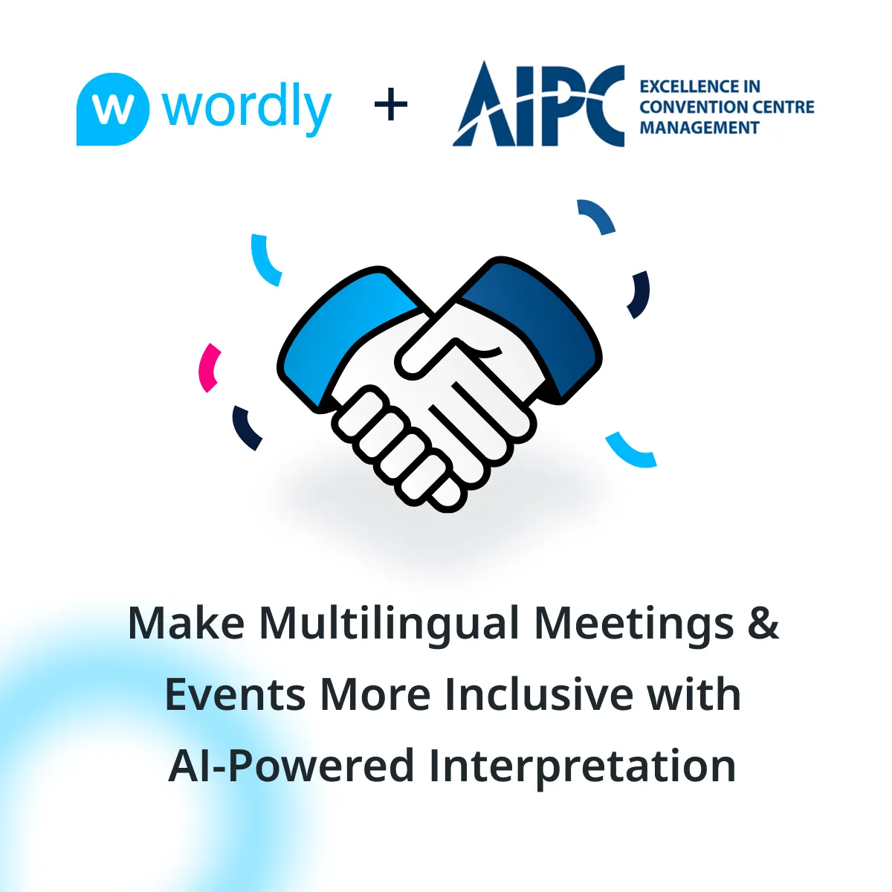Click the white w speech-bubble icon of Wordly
tap(113, 109)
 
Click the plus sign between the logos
tap(391, 104)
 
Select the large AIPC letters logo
tap(538, 104)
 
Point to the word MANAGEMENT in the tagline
tap(699, 127)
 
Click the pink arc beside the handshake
tap(209, 368)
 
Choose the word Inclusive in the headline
tap(539, 694)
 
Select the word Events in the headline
tap(235, 695)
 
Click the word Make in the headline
tap(186, 623)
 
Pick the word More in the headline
tap(375, 695)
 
